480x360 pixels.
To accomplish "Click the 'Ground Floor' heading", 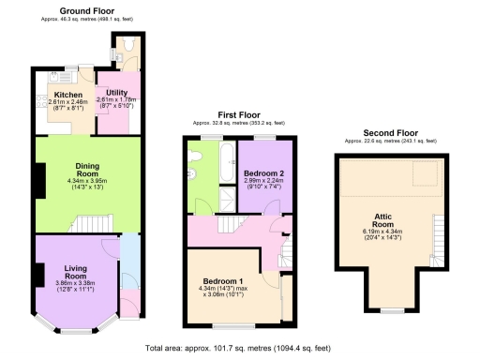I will point(87,10).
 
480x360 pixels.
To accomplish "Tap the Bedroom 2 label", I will point(264,173).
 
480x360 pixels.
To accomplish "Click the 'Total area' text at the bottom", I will point(239,349).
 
